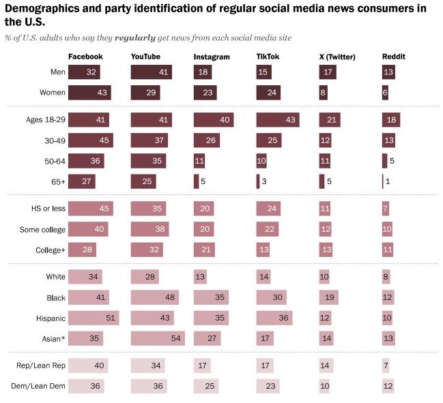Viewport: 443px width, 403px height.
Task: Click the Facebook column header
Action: (85, 57)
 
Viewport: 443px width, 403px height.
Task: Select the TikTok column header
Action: (268, 57)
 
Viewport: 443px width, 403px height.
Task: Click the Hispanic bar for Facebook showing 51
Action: (94, 318)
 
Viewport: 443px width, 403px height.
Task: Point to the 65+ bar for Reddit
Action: (383, 181)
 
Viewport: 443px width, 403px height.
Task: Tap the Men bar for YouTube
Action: (151, 72)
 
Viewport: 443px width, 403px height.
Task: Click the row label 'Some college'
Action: (43, 230)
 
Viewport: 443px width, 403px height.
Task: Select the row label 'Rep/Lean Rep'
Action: (41, 366)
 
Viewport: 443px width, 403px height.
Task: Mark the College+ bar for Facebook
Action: (83, 250)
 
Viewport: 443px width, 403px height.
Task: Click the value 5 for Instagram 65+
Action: (203, 182)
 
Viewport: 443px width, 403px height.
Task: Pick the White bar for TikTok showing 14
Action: (265, 277)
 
